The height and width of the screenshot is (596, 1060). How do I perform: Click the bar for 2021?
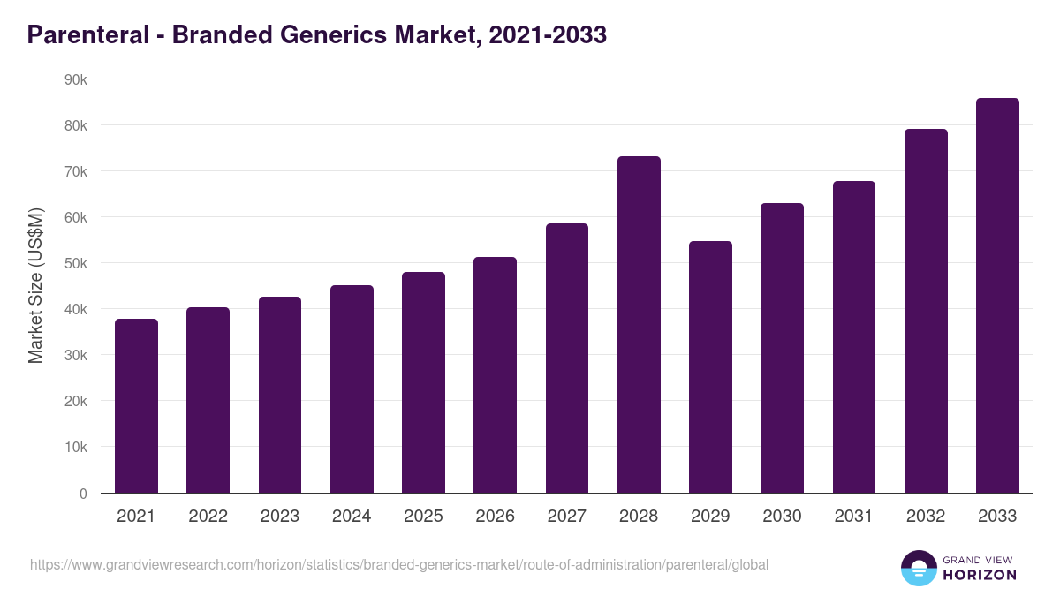point(136,405)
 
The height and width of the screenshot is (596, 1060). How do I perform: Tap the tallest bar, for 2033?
point(997,295)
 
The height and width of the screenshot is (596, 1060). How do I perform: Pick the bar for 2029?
point(710,366)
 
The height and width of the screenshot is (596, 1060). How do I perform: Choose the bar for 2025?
point(423,381)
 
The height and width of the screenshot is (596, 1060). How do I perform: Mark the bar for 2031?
point(853,336)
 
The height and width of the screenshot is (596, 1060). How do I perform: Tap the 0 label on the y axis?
point(83,494)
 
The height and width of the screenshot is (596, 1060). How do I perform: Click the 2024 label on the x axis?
point(352,517)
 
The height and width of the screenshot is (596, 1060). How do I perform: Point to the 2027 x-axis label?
point(566,517)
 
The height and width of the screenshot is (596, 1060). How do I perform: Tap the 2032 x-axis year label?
point(926,517)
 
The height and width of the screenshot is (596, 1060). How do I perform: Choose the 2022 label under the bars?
point(208,517)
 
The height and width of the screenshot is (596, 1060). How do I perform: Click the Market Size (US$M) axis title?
point(35,286)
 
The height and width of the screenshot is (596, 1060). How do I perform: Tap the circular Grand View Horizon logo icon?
point(918,568)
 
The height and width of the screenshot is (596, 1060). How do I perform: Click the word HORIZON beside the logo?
point(979,575)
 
